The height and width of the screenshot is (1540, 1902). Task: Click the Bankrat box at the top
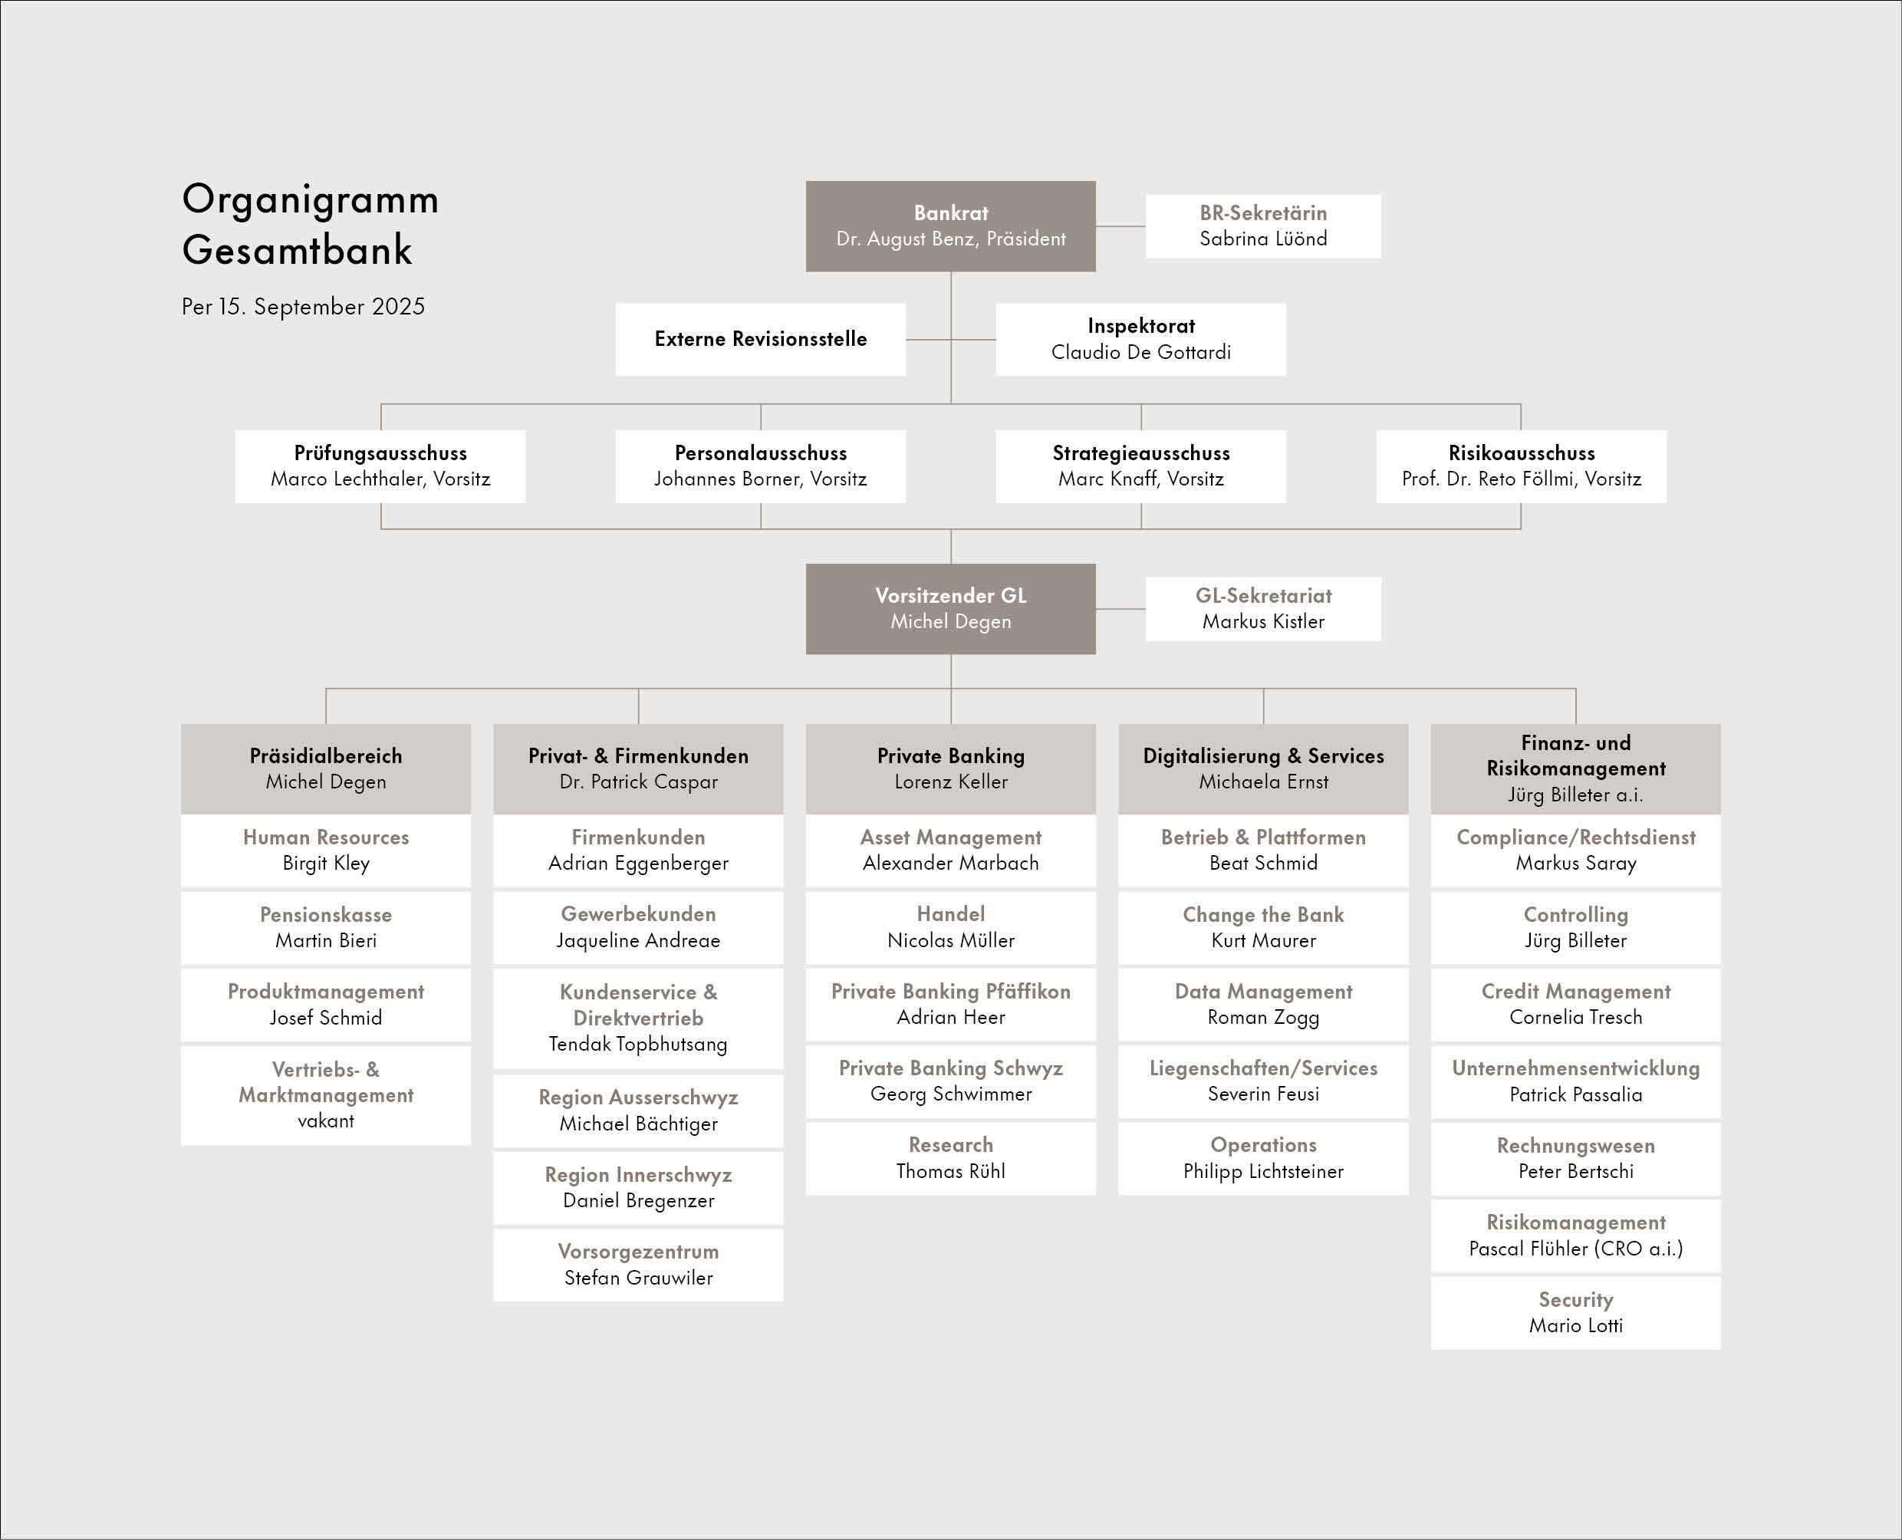(950, 226)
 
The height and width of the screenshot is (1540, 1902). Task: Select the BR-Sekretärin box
(1263, 226)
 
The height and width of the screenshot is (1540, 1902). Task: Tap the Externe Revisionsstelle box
(760, 339)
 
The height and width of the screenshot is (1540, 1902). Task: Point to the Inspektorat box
(1141, 339)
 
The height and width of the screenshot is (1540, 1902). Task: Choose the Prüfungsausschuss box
(380, 466)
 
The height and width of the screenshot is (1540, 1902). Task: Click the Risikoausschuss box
(1522, 466)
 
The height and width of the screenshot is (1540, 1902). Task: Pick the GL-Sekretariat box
(1263, 608)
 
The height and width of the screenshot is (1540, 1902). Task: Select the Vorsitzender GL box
(950, 608)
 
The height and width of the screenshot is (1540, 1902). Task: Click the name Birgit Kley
(326, 863)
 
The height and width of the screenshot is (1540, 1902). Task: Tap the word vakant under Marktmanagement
(326, 1121)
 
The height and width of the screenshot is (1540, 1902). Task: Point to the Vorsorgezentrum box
(638, 1265)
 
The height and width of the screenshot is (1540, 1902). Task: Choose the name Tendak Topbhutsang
(638, 1044)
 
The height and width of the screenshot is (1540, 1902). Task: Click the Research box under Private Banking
(950, 1157)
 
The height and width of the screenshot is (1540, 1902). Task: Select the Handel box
(950, 927)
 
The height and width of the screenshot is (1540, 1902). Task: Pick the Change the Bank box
(1263, 927)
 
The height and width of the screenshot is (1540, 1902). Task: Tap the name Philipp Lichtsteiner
(1263, 1172)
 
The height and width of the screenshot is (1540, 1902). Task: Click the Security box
(1575, 1313)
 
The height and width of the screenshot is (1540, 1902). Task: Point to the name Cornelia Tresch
(1575, 1018)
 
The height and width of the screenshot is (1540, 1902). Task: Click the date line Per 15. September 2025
(304, 307)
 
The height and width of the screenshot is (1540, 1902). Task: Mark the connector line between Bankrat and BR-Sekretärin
(1120, 226)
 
